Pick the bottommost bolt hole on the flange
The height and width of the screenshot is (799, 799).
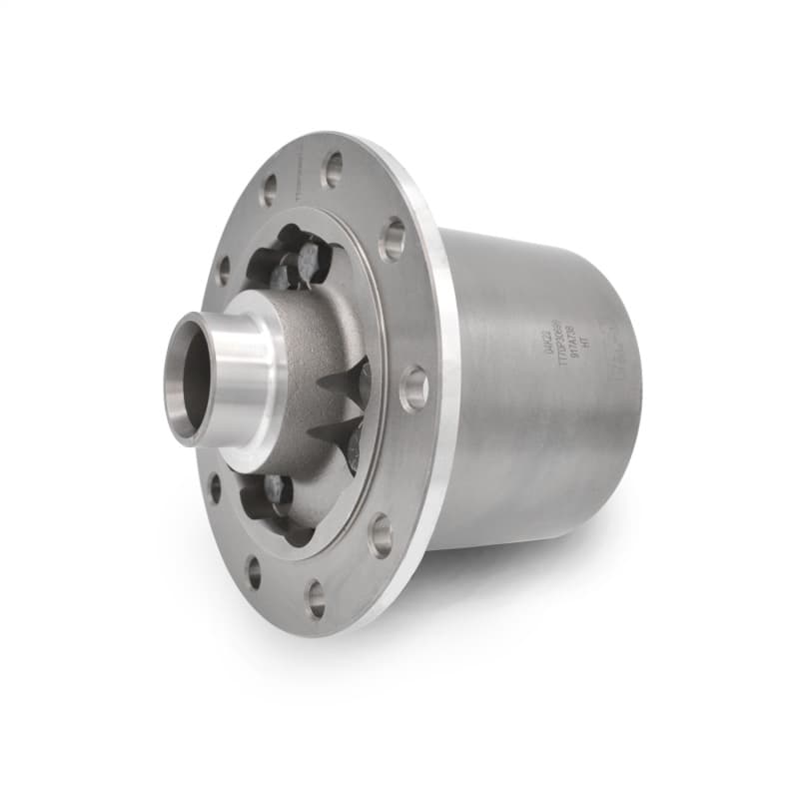tap(316, 597)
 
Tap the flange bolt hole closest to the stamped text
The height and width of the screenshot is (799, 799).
tap(413, 388)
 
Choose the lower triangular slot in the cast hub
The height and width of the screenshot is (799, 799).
tap(336, 435)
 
